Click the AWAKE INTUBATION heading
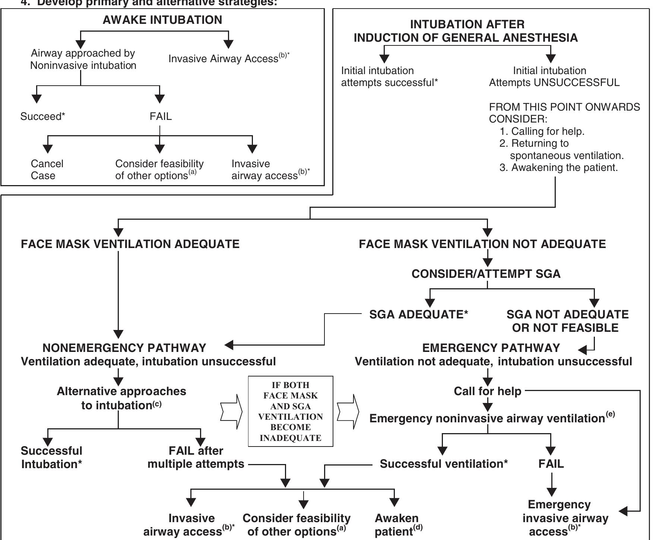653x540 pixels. coord(162,20)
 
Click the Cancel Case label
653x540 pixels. coord(47,169)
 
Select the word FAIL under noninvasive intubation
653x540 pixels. coord(161,117)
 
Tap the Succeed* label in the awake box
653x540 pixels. coord(42,117)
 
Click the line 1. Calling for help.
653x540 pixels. coord(542,131)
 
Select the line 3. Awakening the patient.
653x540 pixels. coord(558,168)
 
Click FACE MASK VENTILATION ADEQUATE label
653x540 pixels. coord(130,244)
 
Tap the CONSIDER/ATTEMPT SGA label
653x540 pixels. coord(486,274)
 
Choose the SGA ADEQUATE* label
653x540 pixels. coord(418,314)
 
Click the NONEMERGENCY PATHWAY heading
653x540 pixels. coord(124,348)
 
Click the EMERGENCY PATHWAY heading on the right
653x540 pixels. coord(491,348)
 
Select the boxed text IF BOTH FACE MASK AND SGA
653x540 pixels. coord(290,411)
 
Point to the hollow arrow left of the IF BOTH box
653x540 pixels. coord(231,411)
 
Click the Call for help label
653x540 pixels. coord(487,391)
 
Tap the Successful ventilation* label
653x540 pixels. coord(444,464)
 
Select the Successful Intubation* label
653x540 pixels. coord(51,457)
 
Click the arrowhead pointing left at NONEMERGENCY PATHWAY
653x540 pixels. coord(229,345)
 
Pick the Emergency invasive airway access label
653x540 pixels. coord(565,518)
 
